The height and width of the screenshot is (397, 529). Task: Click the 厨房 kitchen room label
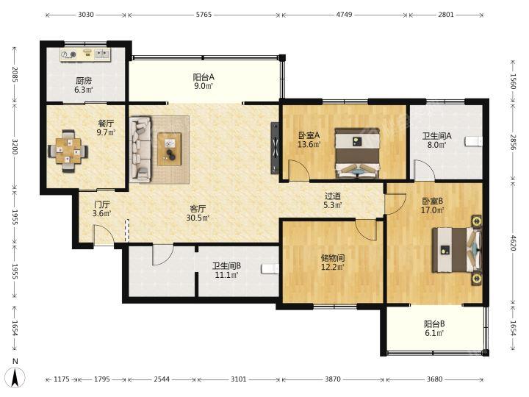(84, 81)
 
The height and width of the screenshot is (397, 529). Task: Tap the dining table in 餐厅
(68, 151)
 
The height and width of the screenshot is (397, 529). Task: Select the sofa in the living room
(140, 149)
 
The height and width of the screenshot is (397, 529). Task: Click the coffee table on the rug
(170, 149)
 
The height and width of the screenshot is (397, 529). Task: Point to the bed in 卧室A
(358, 153)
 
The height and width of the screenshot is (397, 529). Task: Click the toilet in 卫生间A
(474, 141)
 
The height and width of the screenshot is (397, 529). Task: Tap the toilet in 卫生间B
(270, 269)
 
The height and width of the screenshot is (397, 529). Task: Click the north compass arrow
(15, 377)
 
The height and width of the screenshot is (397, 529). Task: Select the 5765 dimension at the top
(204, 15)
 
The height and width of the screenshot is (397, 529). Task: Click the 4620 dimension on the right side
(513, 243)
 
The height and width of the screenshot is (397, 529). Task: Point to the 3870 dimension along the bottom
(333, 379)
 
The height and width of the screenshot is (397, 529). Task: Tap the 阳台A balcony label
(204, 77)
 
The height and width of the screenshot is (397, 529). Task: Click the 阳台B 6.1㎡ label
(434, 329)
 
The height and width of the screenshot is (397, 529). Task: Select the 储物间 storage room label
(333, 258)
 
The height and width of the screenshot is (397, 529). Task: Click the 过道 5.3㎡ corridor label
(333, 200)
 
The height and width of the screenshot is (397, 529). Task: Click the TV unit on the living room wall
(276, 149)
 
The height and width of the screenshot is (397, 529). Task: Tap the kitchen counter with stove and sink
(85, 54)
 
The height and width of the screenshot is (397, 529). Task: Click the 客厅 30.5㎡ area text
(198, 213)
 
